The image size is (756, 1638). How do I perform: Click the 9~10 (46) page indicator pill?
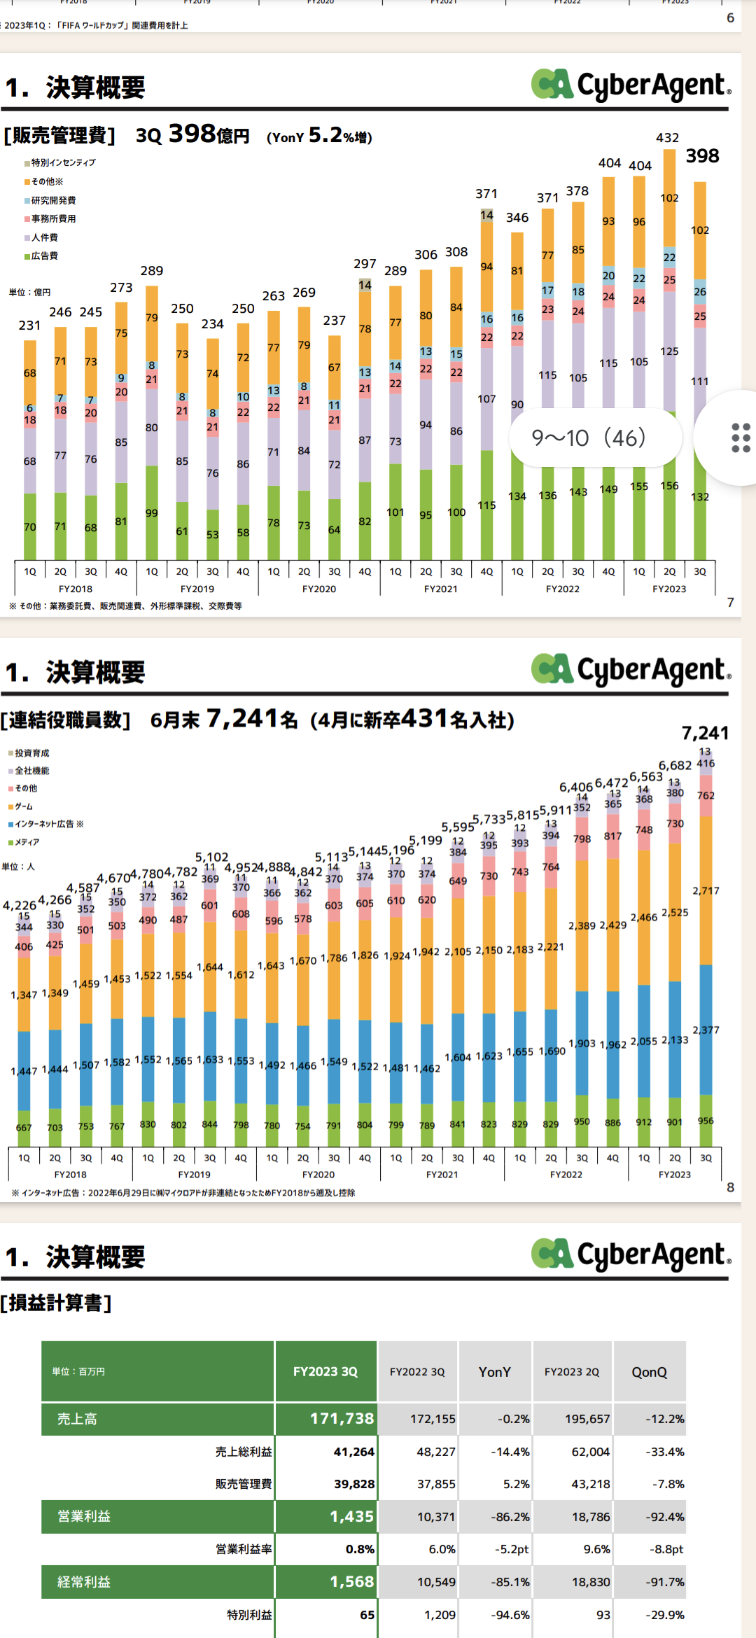[589, 438]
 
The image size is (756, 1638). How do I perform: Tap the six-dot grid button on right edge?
[741, 438]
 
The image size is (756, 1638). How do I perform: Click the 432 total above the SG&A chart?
[667, 138]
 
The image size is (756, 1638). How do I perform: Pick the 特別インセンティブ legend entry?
[61, 162]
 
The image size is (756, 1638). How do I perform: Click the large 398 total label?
[702, 156]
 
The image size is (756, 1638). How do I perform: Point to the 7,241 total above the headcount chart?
[705, 733]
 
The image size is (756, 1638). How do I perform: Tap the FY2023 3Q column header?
[325, 1371]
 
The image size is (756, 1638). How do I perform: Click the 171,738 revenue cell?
[342, 1418]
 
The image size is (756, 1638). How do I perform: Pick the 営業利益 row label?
[84, 1516]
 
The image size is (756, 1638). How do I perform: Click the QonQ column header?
[649, 1372]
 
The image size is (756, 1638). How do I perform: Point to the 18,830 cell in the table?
[591, 1582]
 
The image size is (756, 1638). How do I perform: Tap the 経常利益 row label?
[84, 1582]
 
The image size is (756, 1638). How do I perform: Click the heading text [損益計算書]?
[56, 1303]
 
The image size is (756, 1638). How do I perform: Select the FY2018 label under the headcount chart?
[70, 1175]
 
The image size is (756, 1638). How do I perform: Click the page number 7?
[730, 603]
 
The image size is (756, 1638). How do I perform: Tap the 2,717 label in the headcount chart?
[706, 890]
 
